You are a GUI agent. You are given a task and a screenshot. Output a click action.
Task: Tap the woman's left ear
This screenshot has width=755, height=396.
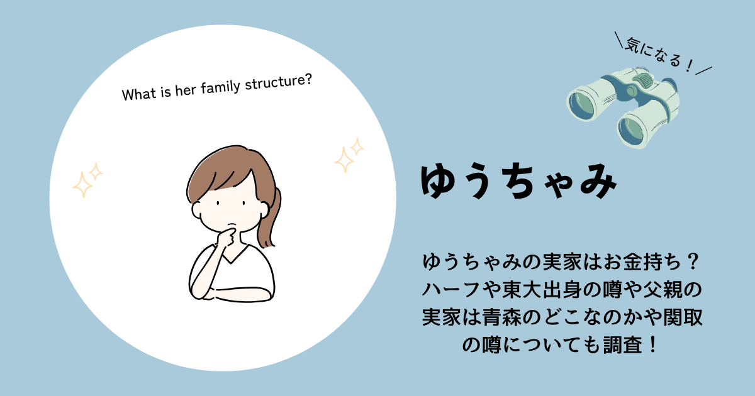(x=196, y=210)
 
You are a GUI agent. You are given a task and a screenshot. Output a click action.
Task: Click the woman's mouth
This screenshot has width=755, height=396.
(x=232, y=224)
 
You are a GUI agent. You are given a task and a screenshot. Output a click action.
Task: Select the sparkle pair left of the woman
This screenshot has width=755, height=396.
(x=87, y=180)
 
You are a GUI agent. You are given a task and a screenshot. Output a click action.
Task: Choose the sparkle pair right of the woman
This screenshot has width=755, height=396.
(x=349, y=155)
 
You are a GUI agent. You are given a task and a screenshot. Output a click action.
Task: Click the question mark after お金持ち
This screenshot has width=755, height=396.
(x=693, y=262)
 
